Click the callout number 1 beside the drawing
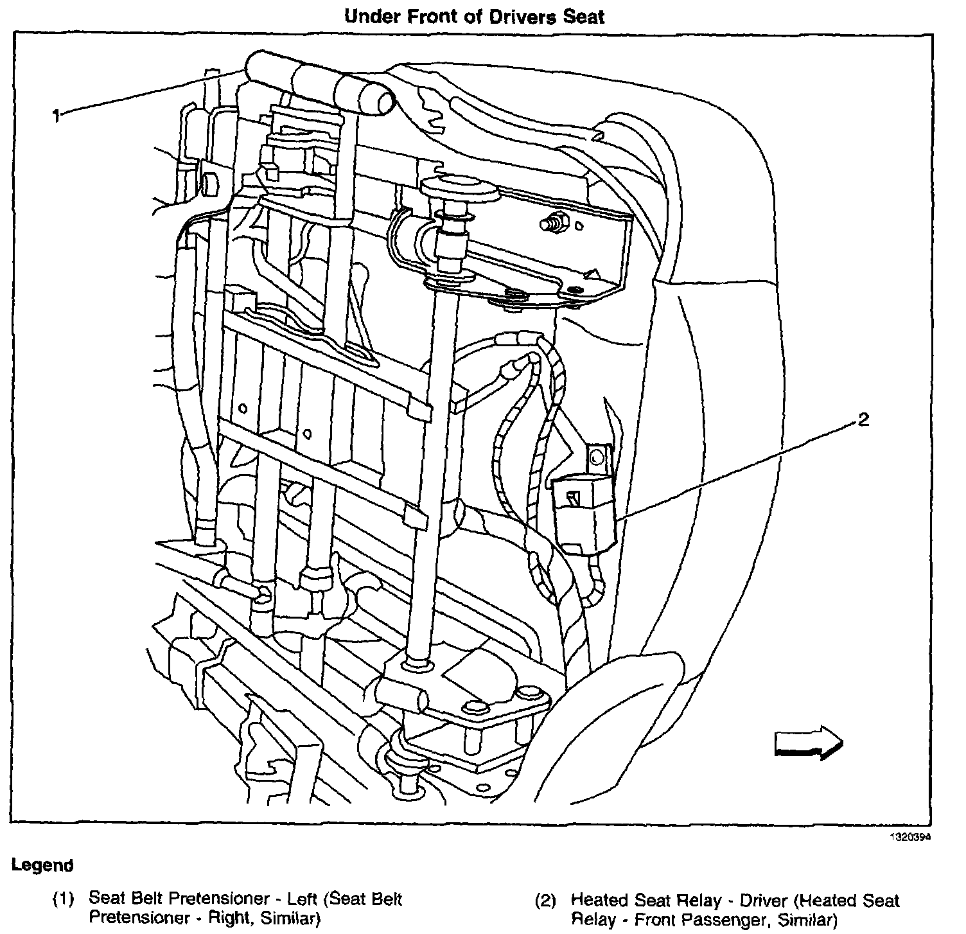pos(57,116)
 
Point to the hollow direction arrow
pos(808,743)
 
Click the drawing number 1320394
pos(909,838)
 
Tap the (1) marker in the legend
pos(63,899)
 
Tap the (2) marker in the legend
pos(545,901)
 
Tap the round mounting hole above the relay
pos(595,457)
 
